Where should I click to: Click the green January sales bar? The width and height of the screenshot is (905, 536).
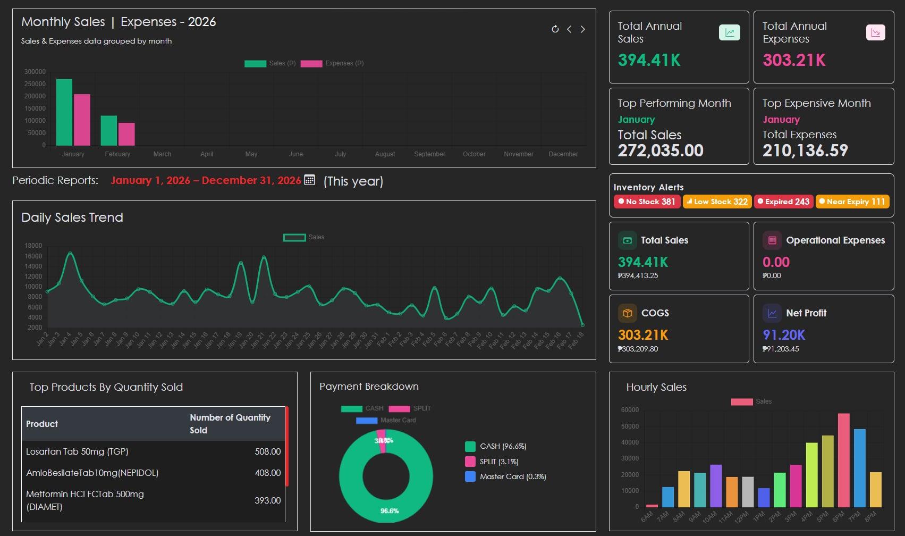[x=64, y=112]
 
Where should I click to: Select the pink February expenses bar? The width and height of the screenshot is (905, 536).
[x=126, y=134]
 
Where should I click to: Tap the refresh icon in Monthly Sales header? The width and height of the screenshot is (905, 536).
[x=555, y=29]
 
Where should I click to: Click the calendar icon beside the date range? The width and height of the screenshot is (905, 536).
[x=309, y=180]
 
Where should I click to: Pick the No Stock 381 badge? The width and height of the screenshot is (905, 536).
[x=647, y=202]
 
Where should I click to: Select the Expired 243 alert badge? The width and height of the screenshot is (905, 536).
[x=783, y=202]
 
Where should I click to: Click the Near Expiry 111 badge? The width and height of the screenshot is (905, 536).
[x=852, y=202]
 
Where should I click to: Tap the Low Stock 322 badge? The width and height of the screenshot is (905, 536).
[x=717, y=202]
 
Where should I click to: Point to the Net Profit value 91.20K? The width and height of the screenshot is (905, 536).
[x=784, y=335]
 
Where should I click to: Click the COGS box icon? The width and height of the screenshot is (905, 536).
[x=627, y=313]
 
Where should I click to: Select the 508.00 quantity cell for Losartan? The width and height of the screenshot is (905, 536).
[x=267, y=451]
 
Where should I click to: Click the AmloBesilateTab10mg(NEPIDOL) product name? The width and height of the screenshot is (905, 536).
[x=92, y=473]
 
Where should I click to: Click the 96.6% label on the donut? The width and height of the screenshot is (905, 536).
[x=390, y=511]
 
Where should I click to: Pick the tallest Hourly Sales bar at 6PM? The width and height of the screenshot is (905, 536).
[x=843, y=460]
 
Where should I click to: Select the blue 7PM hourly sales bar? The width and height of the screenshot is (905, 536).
[x=859, y=468]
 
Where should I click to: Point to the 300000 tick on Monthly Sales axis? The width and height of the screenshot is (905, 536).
[x=35, y=72]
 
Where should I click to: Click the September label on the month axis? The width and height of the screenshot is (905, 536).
[x=429, y=154]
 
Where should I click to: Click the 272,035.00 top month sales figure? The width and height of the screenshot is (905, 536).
[x=660, y=150]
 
